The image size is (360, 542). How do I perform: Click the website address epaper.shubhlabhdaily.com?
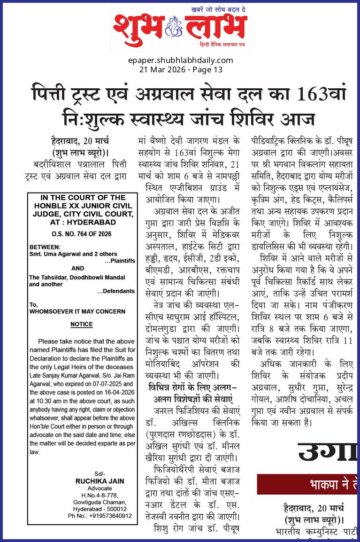tap(180, 60)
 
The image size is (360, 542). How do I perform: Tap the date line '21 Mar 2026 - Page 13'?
tap(180, 70)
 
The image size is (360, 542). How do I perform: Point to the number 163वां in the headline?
tap(321, 94)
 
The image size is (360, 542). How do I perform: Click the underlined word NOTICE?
tap(81, 324)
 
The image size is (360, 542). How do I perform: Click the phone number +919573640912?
tap(107, 515)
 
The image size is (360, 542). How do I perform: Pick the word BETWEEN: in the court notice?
tap(45, 247)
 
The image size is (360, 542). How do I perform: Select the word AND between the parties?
tap(78, 269)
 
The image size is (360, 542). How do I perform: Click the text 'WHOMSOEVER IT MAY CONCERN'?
tap(77, 311)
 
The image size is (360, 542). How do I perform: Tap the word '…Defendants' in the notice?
tap(116, 291)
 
